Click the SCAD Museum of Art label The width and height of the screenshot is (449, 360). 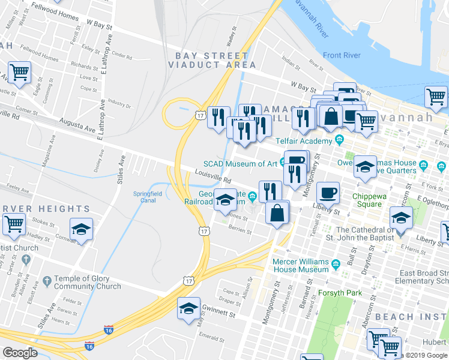tap(240, 163)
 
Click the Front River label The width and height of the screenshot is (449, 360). tap(342, 56)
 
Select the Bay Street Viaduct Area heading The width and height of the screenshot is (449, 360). tap(215, 60)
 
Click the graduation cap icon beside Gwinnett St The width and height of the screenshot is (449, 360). tap(188, 309)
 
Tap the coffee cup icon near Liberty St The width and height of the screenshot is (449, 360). tap(328, 193)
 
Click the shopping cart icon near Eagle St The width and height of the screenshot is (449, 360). tap(20, 73)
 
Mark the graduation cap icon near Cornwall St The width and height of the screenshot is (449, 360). tap(81, 229)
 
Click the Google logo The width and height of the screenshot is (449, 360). tap(20, 353)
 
